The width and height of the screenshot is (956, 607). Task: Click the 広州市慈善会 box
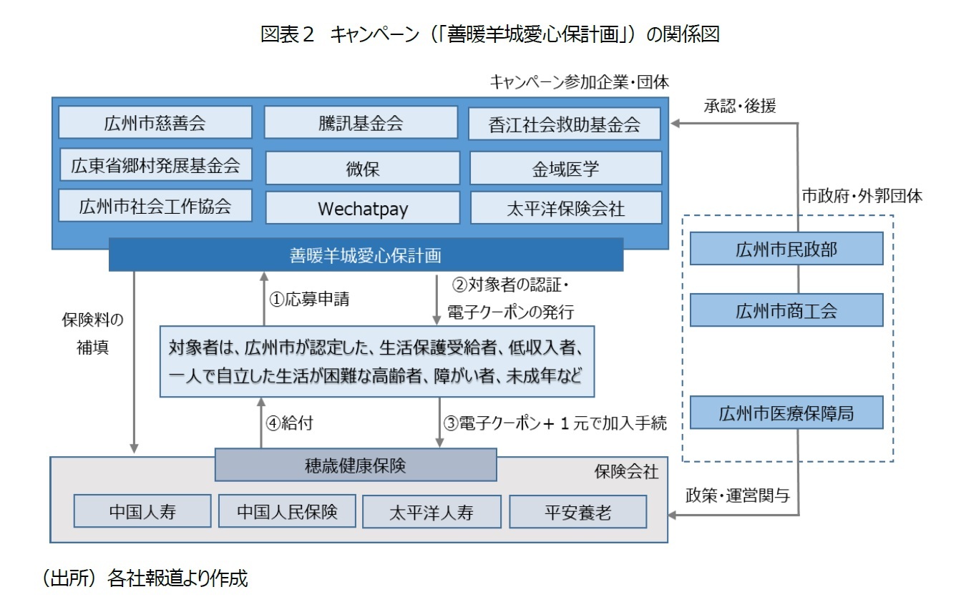coord(155,122)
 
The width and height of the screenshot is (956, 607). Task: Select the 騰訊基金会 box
coord(361,122)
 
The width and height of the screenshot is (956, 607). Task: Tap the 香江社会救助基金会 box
coord(565,124)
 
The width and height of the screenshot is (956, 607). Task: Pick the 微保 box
coord(362,168)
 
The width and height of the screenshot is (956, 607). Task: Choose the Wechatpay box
coord(362,208)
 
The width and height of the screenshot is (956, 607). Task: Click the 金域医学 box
coord(565,168)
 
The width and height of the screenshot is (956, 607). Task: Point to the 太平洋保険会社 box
coord(565,208)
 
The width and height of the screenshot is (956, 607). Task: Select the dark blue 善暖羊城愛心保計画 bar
coord(366,255)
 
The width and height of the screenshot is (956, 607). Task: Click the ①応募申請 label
coord(309,300)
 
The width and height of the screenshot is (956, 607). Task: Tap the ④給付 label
coord(289,423)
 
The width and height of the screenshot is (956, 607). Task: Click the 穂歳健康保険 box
coord(356,465)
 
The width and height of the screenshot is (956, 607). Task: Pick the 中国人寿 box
coord(142,511)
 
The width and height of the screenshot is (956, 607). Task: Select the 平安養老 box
coord(577,512)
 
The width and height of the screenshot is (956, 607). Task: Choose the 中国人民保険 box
coord(287,511)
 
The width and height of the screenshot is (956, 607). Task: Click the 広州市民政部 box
coord(786,249)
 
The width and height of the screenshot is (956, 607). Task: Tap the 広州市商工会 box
coord(786,310)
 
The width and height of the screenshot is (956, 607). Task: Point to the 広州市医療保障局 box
coord(786,413)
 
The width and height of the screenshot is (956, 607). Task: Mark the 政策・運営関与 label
coord(737,495)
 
